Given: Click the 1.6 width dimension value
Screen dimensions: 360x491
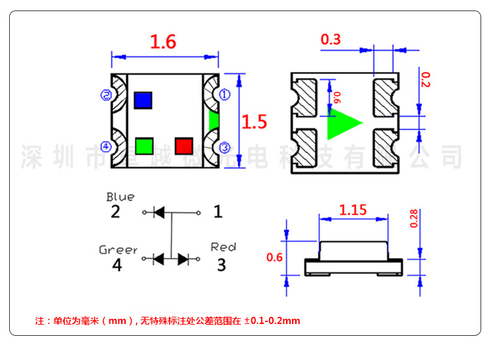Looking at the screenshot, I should (163, 42).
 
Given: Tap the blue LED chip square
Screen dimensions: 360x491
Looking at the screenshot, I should (143, 99).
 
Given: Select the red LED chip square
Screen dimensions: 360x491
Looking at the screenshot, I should (184, 145).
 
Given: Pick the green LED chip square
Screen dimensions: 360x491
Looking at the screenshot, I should (144, 145).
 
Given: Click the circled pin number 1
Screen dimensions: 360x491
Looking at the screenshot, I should (225, 95).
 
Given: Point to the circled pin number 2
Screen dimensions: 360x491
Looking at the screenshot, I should (105, 95).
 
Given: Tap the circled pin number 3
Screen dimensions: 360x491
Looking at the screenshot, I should (225, 147).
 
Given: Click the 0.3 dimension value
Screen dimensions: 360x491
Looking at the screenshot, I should (331, 40).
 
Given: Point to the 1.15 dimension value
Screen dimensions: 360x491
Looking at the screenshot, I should (353, 210).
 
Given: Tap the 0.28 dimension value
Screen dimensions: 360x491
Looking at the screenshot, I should (413, 219).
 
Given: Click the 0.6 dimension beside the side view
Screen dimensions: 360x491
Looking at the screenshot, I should (275, 257).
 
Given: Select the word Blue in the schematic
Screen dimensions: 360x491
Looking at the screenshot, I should (120, 197).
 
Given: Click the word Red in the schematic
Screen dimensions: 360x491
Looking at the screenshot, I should (223, 247).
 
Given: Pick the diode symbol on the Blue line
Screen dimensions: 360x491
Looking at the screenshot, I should (158, 212).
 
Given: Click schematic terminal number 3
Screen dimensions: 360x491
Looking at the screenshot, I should (221, 264).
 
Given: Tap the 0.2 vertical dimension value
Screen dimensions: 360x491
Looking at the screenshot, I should (425, 80).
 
